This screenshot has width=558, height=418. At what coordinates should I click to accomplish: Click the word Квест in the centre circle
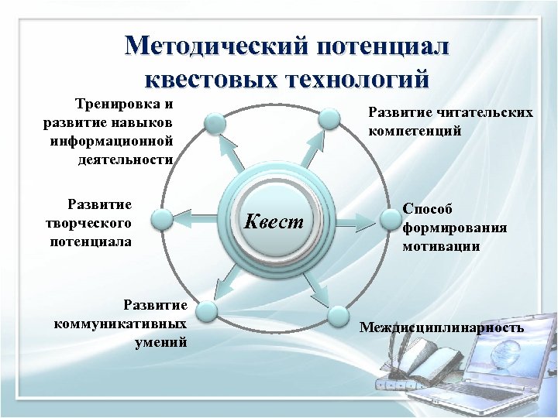[274, 222]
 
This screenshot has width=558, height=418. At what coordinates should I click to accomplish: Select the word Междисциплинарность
[442, 328]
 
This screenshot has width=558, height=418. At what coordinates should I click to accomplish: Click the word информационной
[112, 141]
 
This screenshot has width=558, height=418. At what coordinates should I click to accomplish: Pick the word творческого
[88, 223]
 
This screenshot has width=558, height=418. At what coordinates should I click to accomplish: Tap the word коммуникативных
[121, 323]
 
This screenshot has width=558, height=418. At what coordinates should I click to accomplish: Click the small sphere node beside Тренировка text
[215, 123]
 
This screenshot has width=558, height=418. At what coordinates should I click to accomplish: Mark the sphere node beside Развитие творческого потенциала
[163, 221]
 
